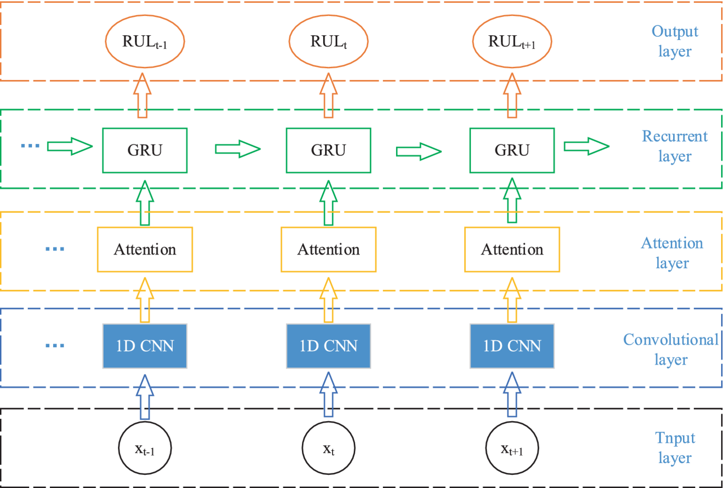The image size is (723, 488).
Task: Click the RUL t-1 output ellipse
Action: click(144, 42)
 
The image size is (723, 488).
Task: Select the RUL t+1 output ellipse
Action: click(512, 42)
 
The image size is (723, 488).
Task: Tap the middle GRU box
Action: click(328, 150)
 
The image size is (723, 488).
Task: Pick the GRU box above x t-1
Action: click(145, 150)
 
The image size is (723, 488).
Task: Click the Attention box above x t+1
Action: click(512, 249)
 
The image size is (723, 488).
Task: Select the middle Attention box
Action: click(328, 249)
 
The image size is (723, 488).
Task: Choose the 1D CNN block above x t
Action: click(328, 346)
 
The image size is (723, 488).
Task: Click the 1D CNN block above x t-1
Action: click(145, 346)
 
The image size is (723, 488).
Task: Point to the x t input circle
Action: click(328, 448)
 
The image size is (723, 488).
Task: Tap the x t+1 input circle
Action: click(512, 448)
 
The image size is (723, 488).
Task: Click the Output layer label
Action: click(674, 41)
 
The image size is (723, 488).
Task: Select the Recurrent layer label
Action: click(674, 146)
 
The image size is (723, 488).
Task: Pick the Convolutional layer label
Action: click(671, 349)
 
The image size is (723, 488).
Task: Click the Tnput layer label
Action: click(674, 447)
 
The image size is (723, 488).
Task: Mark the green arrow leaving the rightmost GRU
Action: click(586, 147)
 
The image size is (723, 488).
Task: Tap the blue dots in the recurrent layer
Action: click(31, 146)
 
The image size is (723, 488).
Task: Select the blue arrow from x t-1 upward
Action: click(145, 396)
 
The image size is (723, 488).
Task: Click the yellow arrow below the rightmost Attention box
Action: click(512, 300)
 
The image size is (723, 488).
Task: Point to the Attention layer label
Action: click(672, 253)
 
